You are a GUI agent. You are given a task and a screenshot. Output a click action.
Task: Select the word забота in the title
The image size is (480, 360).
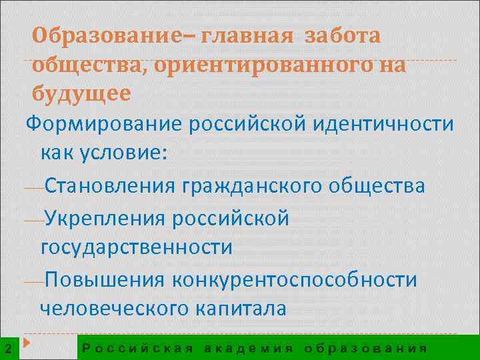[x=343, y=35]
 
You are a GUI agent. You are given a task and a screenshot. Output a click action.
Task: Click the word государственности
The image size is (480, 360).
[x=137, y=247]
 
